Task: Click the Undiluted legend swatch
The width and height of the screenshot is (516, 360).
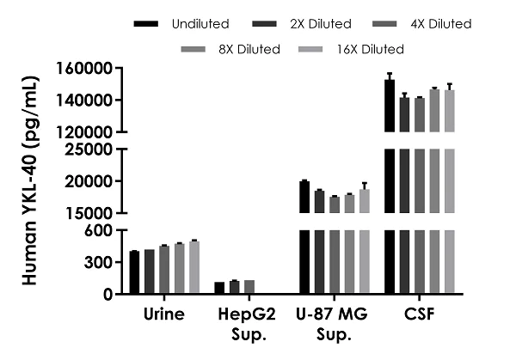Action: pyautogui.click(x=148, y=24)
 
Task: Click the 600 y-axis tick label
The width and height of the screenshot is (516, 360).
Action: pyautogui.click(x=100, y=230)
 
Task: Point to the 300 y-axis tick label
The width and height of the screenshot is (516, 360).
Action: pyautogui.click(x=100, y=262)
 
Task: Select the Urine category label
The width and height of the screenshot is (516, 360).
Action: pyautogui.click(x=164, y=314)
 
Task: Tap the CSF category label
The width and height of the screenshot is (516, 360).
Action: pyautogui.click(x=420, y=314)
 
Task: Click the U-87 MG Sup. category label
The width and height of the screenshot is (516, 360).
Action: pyautogui.click(x=335, y=322)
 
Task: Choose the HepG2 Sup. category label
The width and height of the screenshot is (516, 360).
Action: pyautogui.click(x=249, y=322)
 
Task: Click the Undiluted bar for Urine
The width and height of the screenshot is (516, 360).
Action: pyautogui.click(x=134, y=272)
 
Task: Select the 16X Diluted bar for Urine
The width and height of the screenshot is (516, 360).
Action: pyautogui.click(x=194, y=268)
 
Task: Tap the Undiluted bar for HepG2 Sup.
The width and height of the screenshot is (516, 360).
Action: pyautogui.click(x=219, y=288)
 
